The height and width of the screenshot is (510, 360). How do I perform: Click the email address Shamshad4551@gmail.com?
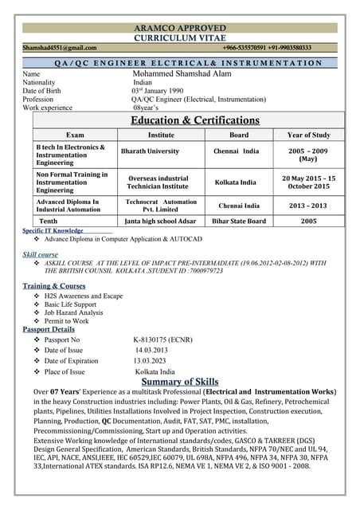pos(60,48)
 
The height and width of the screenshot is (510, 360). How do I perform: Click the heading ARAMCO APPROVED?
pos(180,28)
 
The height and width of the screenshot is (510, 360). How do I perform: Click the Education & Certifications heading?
pos(195,120)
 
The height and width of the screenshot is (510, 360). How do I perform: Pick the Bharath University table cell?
pos(150,151)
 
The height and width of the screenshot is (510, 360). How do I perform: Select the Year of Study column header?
pos(308,135)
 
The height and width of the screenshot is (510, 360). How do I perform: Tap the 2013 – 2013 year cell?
pos(308,206)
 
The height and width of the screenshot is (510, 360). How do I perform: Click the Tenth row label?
pos(49,221)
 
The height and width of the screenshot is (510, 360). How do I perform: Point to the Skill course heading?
pos(40,254)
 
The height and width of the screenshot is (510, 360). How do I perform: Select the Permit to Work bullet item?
pos(66,320)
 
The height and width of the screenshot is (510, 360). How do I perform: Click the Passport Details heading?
pos(49,329)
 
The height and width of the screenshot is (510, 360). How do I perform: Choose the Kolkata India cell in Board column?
pos(235,182)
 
